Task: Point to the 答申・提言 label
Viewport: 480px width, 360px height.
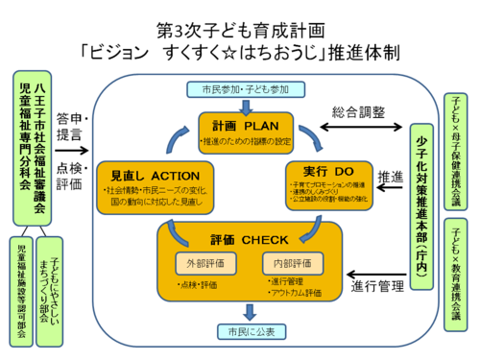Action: point(72,126)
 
